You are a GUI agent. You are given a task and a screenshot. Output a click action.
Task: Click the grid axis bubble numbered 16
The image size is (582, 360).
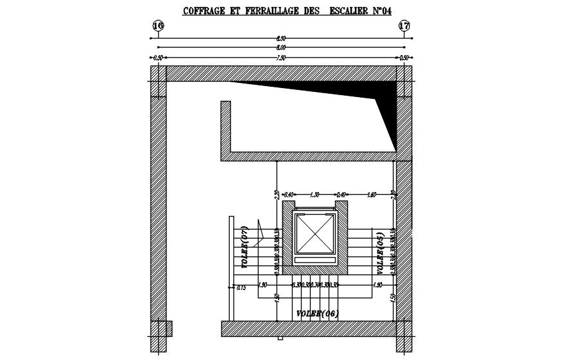coord(158,26)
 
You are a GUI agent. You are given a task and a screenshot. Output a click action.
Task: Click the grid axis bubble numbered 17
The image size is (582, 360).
coord(405,26)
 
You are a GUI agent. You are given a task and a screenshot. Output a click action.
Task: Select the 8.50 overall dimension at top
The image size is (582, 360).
coord(281,39)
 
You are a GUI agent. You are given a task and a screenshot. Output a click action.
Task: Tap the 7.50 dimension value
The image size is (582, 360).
coord(281,58)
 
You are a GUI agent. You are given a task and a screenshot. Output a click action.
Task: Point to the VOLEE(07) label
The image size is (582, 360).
coord(244,247)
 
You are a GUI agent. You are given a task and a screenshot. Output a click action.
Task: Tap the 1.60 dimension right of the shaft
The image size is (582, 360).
coord(372,194)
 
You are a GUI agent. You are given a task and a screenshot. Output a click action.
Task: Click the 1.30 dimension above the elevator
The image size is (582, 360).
coord(315,194)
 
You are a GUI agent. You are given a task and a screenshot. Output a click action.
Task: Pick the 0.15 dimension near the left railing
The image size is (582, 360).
coord(242,287)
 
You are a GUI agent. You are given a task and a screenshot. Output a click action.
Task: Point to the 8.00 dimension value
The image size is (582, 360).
coord(281,48)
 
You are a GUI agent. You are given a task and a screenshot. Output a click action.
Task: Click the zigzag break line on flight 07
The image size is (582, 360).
coord(260,231)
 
